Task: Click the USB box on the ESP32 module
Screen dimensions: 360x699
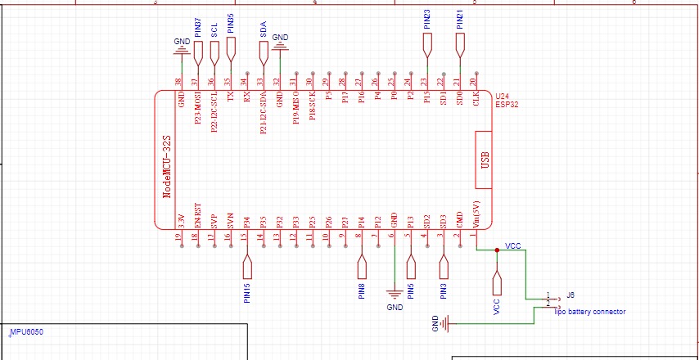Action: click(x=484, y=159)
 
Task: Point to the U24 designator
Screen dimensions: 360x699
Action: click(x=502, y=97)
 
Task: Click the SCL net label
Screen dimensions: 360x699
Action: click(x=214, y=32)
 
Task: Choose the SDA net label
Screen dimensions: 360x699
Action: click(x=264, y=30)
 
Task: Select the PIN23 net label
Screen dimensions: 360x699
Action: click(x=427, y=20)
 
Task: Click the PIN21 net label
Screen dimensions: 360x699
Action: click(x=460, y=20)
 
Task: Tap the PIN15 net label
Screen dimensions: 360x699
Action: click(x=247, y=292)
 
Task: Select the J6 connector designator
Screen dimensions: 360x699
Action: click(x=570, y=295)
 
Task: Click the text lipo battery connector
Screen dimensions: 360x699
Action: click(x=590, y=312)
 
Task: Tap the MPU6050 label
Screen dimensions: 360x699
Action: click(x=26, y=333)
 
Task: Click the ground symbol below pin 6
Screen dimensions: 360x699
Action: click(x=395, y=295)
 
